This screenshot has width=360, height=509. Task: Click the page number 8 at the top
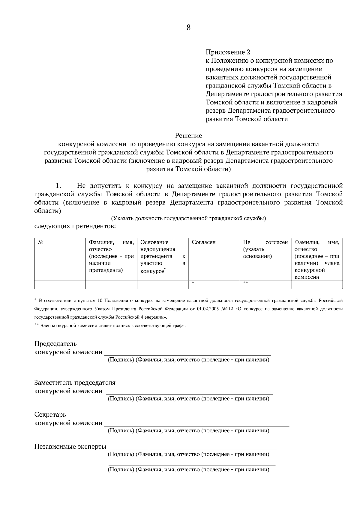tap(188, 28)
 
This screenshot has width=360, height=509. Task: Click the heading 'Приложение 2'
tap(228, 52)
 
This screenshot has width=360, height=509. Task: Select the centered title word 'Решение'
tap(188, 136)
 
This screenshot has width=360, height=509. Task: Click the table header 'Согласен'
tap(204, 242)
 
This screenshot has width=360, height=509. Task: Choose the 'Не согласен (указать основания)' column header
tap(265, 249)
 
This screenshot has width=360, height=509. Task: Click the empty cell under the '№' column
tap(60, 284)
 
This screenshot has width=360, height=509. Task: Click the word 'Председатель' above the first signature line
tap(55, 344)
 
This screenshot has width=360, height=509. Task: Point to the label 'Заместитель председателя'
tap(75, 383)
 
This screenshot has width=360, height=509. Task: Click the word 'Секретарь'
tap(50, 415)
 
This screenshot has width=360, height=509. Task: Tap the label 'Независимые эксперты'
tap(70, 447)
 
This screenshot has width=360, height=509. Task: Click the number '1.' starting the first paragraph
tap(59, 186)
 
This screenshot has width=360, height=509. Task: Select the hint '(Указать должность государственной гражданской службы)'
tap(188, 219)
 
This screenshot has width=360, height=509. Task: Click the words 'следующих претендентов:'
tap(75, 226)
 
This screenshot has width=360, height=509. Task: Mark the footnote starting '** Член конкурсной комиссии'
tap(110, 326)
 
